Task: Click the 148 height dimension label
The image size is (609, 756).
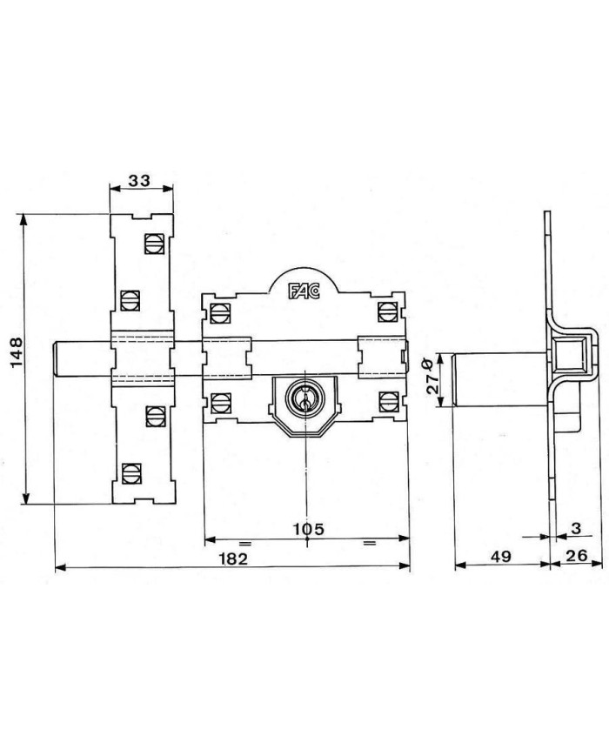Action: (17, 352)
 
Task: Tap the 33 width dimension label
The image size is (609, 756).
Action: (139, 180)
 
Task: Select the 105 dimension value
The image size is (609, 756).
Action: (309, 529)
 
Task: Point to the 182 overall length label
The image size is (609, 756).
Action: (233, 559)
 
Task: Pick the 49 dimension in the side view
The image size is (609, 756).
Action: (501, 556)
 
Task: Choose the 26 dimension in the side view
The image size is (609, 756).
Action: (576, 555)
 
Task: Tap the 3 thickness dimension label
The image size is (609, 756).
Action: (576, 528)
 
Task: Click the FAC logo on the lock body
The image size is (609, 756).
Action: (304, 291)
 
